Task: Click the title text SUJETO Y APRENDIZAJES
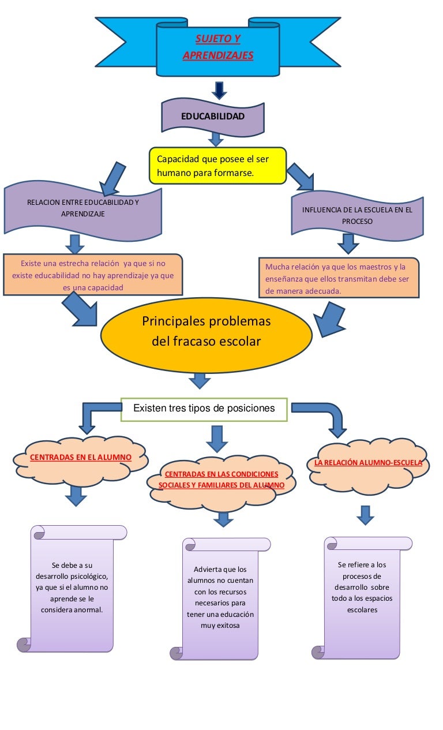[217, 47]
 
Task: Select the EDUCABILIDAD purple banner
[213, 116]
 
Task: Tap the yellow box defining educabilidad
[217, 166]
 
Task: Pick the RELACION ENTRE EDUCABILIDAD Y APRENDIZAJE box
[83, 208]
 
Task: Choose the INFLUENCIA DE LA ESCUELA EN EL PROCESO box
[357, 215]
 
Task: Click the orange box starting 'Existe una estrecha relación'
[93, 275]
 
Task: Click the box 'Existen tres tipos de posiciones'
[204, 409]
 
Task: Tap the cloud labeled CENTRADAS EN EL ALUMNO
[81, 458]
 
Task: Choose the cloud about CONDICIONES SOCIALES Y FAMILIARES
[221, 480]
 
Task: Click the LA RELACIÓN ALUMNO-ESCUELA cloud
[368, 463]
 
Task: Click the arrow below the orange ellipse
[200, 380]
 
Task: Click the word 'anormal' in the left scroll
[88, 609]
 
